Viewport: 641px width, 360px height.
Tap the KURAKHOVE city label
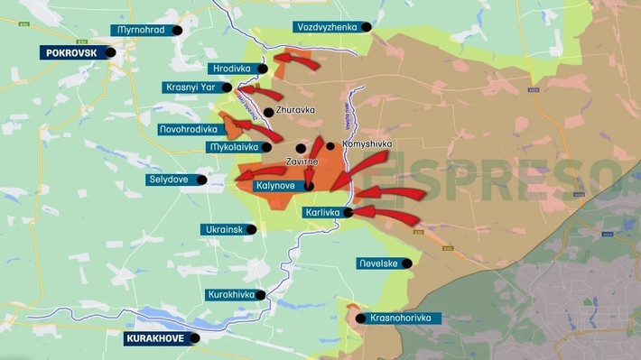pyautogui.click(x=161, y=339)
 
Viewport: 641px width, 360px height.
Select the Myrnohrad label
pyautogui.click(x=141, y=30)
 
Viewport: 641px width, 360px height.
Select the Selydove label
pyautogui.click(x=168, y=180)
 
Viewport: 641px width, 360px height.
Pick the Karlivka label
pyautogui.click(x=320, y=212)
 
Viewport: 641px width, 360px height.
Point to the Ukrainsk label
pyautogui.click(x=222, y=229)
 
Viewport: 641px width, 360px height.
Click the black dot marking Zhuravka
pyautogui.click(x=268, y=112)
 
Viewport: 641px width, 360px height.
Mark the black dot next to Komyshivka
pyautogui.click(x=330, y=145)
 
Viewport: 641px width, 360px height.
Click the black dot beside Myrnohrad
pyautogui.click(x=177, y=30)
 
